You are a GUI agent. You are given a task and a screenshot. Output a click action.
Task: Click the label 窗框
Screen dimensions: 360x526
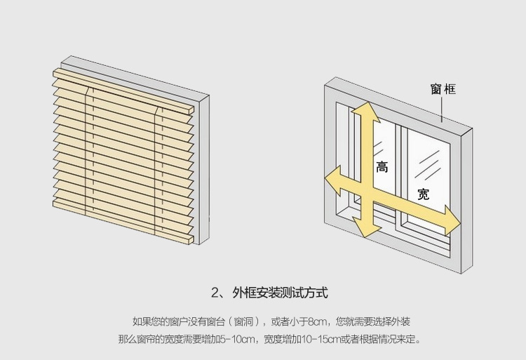pos(443,90)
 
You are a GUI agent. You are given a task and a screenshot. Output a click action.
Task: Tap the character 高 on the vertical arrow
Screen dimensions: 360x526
pos(382,167)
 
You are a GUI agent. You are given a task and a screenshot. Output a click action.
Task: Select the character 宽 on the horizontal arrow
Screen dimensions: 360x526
pos(423,194)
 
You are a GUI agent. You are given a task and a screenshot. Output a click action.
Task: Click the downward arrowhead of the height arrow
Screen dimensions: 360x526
pos(367,227)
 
